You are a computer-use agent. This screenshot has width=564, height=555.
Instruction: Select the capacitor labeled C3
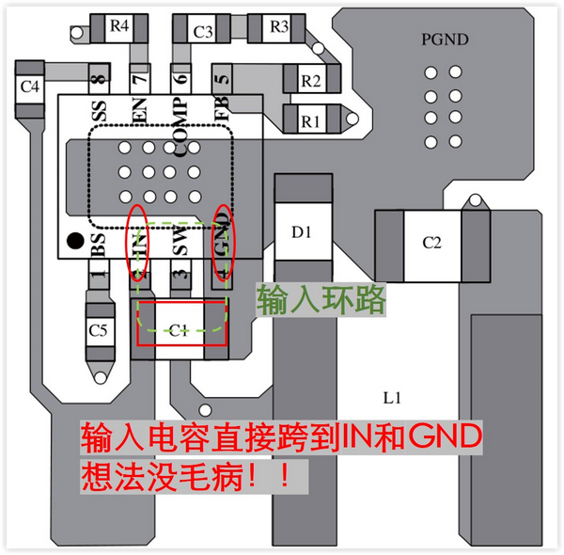202,32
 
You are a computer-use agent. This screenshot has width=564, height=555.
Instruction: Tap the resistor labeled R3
279,27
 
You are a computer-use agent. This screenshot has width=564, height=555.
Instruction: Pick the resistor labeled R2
310,81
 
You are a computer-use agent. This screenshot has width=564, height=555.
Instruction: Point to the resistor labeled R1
310,120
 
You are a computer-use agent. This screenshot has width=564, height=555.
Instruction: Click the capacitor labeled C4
30,87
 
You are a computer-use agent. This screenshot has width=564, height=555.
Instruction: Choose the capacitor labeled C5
98,330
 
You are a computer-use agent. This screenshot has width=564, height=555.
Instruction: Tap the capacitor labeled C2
431,243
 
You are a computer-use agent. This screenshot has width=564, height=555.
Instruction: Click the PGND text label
443,40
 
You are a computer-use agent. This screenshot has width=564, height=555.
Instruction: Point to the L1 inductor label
392,399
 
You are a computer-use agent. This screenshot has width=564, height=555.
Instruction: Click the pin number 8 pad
96,78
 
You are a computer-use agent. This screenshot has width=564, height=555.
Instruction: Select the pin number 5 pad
222,78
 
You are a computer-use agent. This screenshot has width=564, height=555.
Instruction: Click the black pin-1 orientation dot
73,242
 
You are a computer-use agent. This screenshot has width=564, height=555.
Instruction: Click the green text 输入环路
321,300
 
